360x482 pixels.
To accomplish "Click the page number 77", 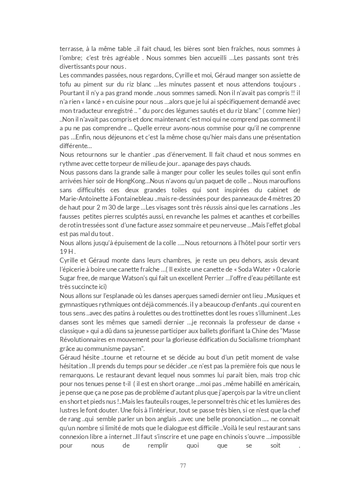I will [x=183, y=466].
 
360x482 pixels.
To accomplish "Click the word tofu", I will [x=66, y=84].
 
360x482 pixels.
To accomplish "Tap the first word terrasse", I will [x=71, y=49].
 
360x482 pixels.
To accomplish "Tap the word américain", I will [x=285, y=384].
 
